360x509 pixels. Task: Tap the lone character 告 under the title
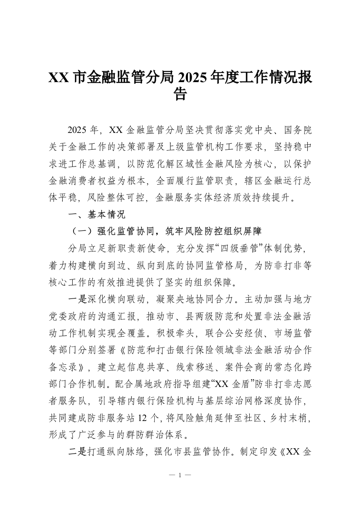tap(180, 94)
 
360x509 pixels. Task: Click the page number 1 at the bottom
tap(180, 475)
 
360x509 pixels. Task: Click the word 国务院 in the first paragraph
tap(297, 130)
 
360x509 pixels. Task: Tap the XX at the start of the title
tap(58, 78)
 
